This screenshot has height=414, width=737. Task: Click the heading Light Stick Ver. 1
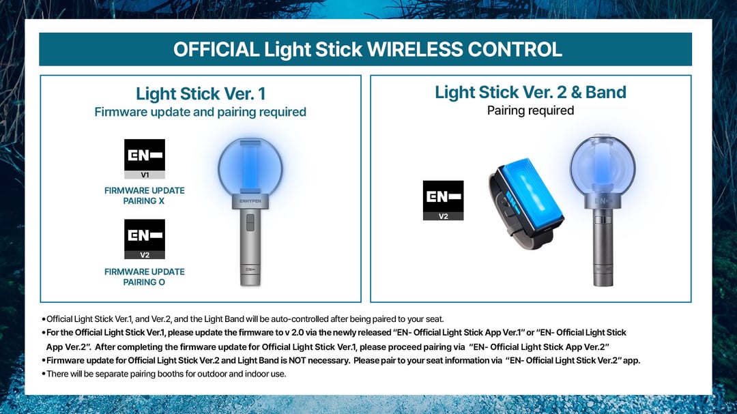tap(201, 93)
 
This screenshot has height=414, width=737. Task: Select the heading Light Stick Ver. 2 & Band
tap(530, 92)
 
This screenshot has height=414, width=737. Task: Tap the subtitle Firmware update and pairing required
tap(200, 113)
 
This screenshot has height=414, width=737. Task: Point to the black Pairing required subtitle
tap(530, 110)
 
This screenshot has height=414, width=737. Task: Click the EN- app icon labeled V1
tap(145, 159)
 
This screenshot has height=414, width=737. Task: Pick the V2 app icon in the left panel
tap(145, 239)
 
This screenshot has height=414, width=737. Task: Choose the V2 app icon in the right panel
tap(444, 201)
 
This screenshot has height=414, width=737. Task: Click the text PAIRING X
tap(144, 201)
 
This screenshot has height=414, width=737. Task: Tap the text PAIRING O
tap(144, 282)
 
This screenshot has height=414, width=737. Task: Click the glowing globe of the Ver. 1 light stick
tap(250, 166)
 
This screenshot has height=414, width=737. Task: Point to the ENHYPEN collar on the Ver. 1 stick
tap(250, 201)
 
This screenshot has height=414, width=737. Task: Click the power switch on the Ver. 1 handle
tap(250, 223)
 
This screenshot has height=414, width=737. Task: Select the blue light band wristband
tap(526, 203)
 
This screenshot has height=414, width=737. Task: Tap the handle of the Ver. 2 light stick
tap(603, 247)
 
